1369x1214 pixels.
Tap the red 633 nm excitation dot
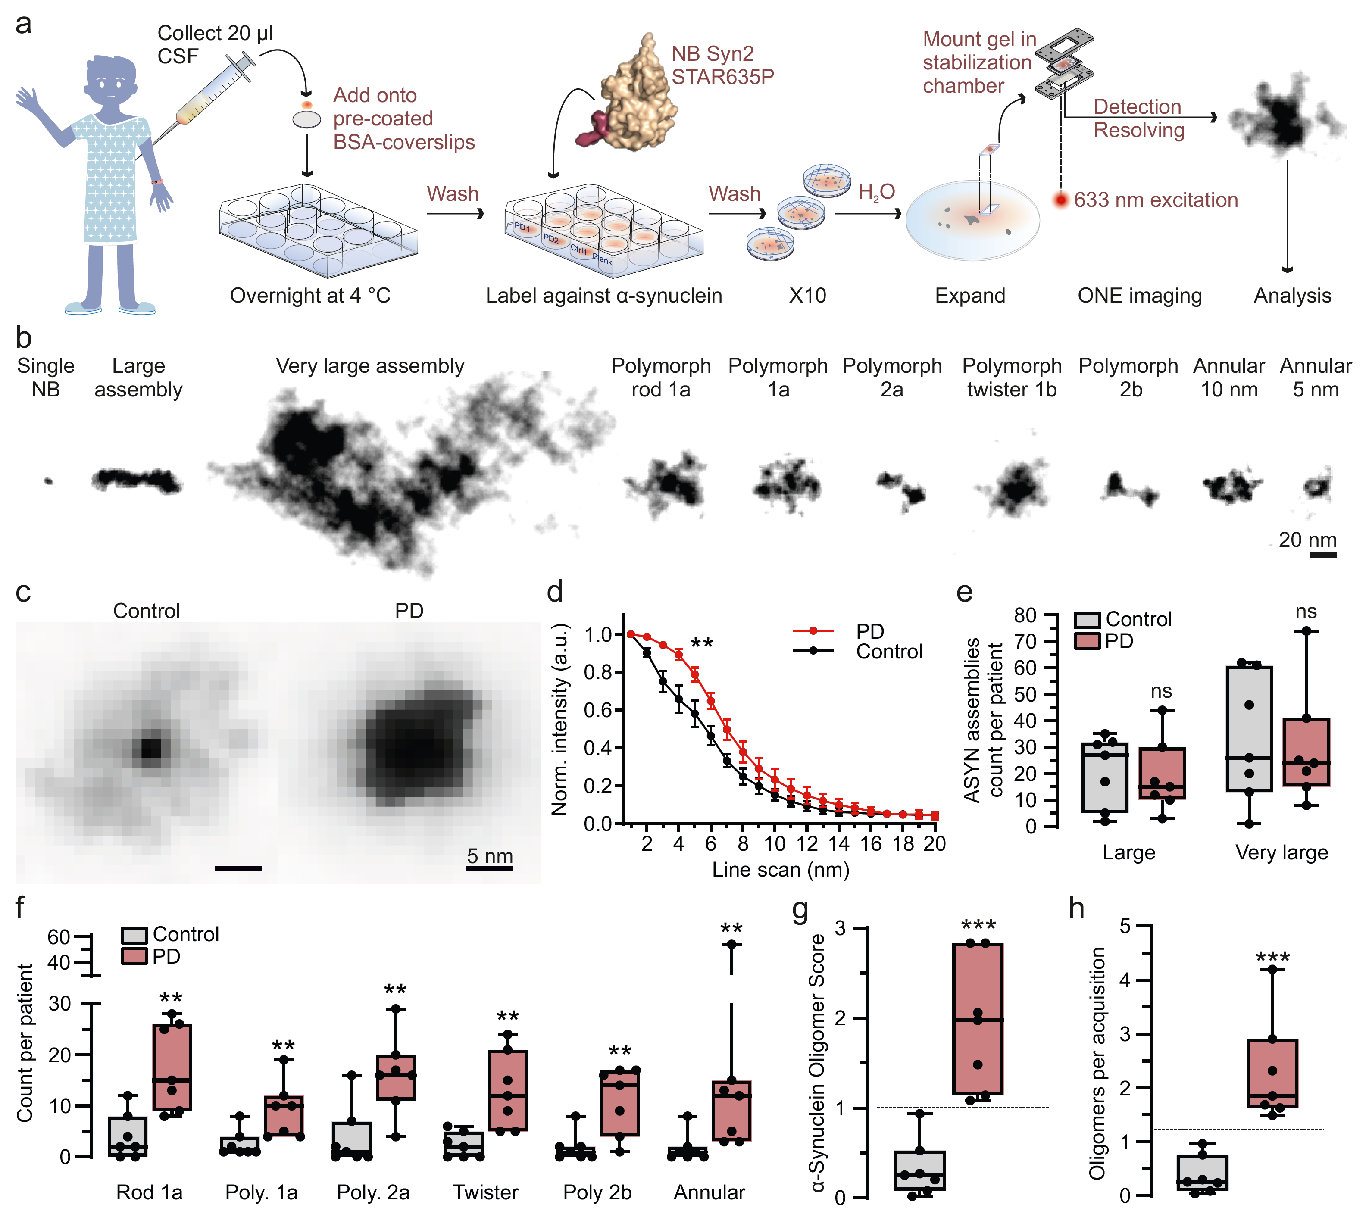pyautogui.click(x=1060, y=200)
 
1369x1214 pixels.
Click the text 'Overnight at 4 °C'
pyautogui.click(x=310, y=295)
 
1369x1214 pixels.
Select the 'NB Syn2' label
pyautogui.click(x=713, y=53)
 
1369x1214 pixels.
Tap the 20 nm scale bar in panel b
pyautogui.click(x=1323, y=555)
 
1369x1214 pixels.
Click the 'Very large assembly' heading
pyautogui.click(x=370, y=366)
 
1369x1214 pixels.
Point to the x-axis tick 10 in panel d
pyautogui.click(x=775, y=844)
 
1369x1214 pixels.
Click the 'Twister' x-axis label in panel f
pyautogui.click(x=486, y=1192)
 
